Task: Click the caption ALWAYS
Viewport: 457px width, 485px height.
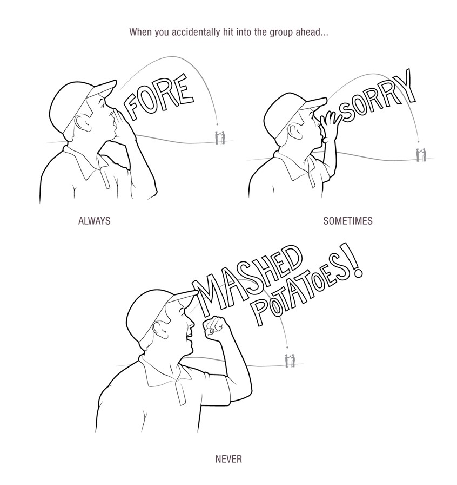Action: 94,221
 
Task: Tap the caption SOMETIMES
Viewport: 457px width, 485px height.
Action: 347,221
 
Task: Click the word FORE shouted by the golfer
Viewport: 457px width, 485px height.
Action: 159,99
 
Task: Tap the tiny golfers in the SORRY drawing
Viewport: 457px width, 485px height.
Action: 419,154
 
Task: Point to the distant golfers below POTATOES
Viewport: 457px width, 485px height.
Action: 290,359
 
